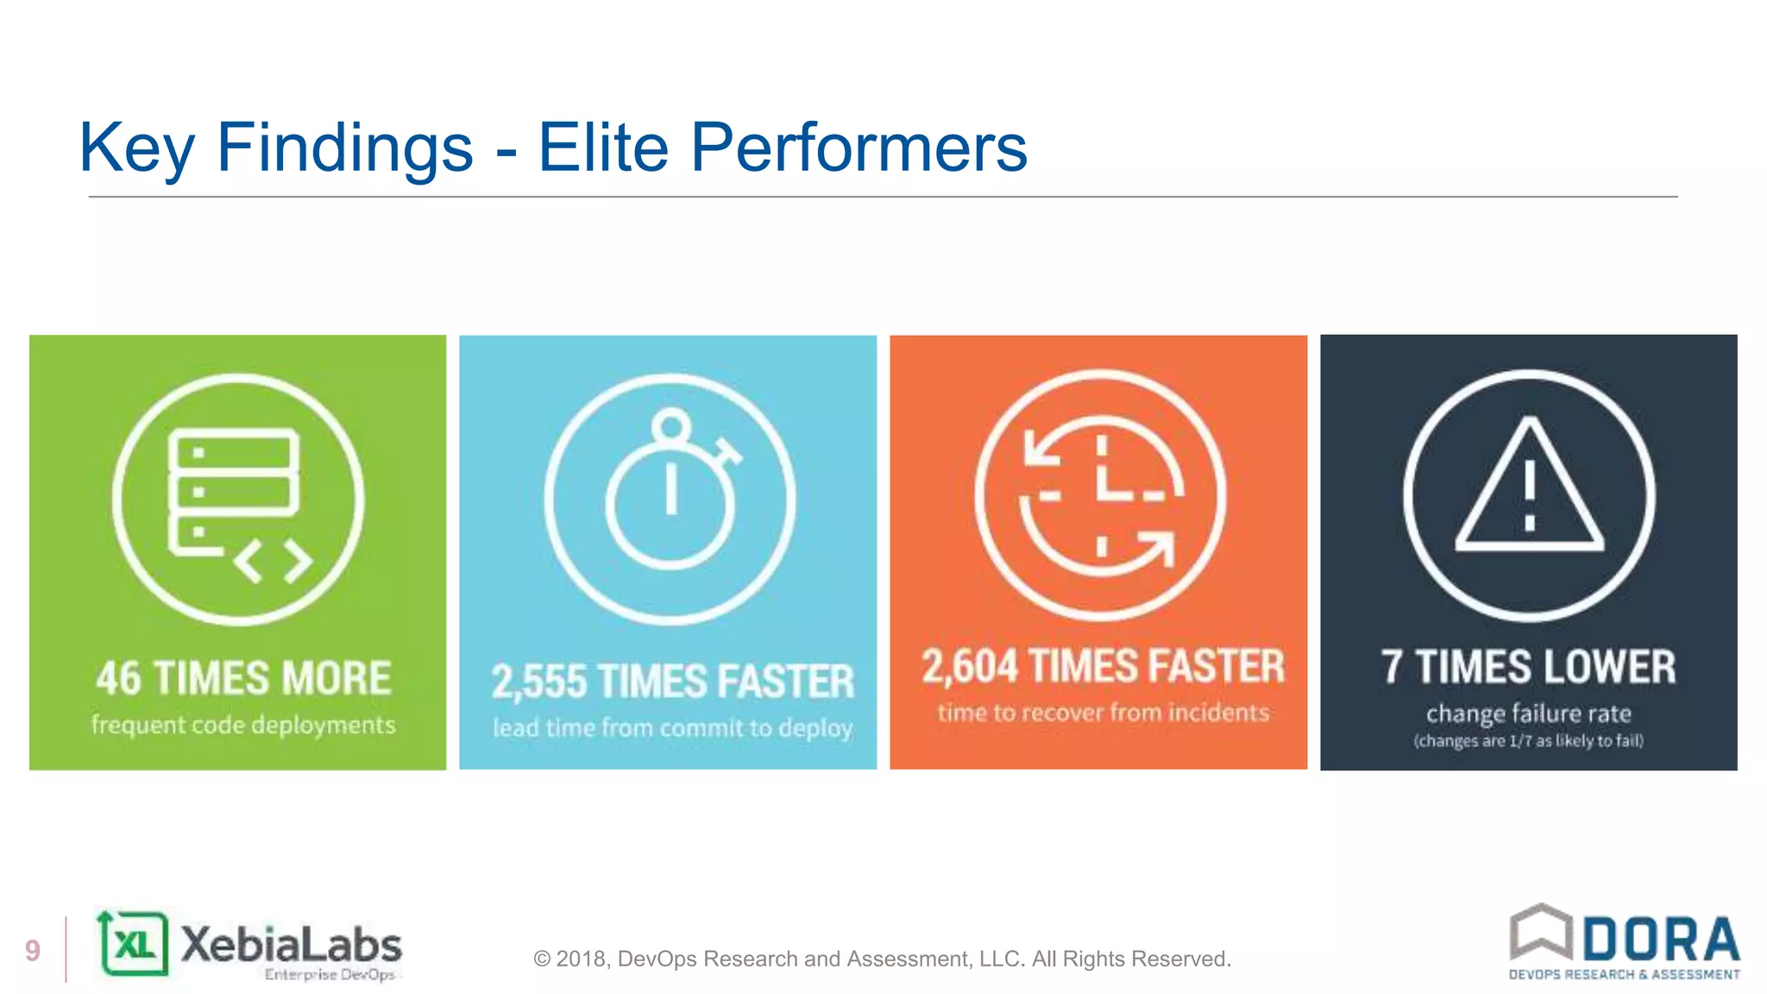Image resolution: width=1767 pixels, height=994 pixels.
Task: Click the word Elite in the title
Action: pos(603,148)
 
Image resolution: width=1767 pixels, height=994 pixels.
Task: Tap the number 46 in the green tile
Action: pos(118,678)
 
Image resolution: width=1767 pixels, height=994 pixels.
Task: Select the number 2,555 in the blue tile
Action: pos(539,682)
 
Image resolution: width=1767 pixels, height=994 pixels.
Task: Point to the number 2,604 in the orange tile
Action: pos(970,667)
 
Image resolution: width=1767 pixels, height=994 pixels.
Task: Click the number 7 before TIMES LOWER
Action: pos(1391,667)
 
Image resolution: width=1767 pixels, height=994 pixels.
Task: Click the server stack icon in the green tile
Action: pos(233,492)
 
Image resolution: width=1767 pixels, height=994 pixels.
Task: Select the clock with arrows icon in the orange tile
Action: pos(1100,496)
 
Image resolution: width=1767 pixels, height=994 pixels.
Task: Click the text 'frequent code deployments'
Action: pos(243,725)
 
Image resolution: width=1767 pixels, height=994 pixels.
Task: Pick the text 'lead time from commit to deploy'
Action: pos(672,728)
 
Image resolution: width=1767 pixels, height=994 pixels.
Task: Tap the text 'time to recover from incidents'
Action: pos(1104,713)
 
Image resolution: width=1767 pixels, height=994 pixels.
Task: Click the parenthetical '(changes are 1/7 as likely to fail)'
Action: pos(1528,741)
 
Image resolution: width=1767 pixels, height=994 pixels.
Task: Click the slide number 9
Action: pos(33,950)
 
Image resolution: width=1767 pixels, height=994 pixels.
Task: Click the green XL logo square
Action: pos(135,944)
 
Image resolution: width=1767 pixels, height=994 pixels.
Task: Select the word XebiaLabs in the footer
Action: pos(291,945)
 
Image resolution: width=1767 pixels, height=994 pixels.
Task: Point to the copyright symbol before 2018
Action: pos(542,959)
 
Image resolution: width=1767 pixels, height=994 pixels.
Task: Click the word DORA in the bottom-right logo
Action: pos(1661,939)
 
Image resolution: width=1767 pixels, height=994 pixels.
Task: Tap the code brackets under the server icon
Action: pos(274,562)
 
